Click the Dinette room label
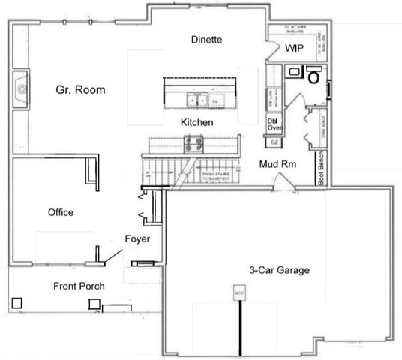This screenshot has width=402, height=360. pos(207,40)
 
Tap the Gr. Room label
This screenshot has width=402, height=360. pos(80,90)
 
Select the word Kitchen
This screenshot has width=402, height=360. pos(196,122)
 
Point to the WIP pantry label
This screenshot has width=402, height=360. pos(294,48)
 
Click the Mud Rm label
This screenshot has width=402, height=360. pos(276,164)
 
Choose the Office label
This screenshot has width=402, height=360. pos(60,213)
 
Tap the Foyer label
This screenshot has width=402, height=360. pos(137,239)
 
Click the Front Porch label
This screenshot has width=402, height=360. pos(79,286)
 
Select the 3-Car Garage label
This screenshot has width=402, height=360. pos(280,270)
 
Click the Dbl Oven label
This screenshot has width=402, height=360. pos(274,124)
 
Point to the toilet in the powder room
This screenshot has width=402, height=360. pos(314,75)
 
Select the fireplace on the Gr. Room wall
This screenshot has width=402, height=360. pos(22,88)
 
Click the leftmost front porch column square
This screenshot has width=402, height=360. pos(16,303)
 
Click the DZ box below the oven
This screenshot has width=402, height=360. pos(274,142)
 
